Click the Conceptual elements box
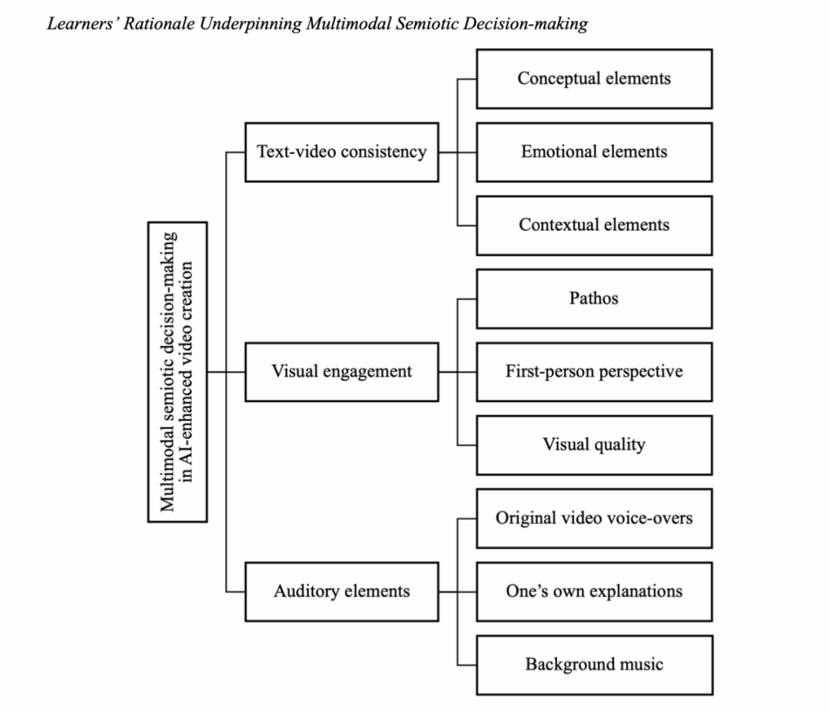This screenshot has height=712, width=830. coord(593,78)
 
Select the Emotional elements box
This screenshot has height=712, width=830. coord(593,151)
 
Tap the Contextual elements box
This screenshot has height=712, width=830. coord(593,225)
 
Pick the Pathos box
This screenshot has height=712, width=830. coord(593,298)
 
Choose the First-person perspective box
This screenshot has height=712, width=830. coord(593,371)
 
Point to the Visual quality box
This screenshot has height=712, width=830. coord(593,444)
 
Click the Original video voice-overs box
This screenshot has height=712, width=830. coord(593,517)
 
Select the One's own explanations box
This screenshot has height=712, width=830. coord(593,591)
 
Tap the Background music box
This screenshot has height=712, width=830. coord(593,664)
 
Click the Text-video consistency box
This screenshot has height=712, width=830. coord(341,151)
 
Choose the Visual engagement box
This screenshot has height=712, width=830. coord(341,371)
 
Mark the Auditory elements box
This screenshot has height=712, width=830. coord(341,591)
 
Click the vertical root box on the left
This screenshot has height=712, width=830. coord(177,371)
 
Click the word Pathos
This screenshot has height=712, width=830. coord(593,298)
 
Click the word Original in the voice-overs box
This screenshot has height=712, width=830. coord(526,517)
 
